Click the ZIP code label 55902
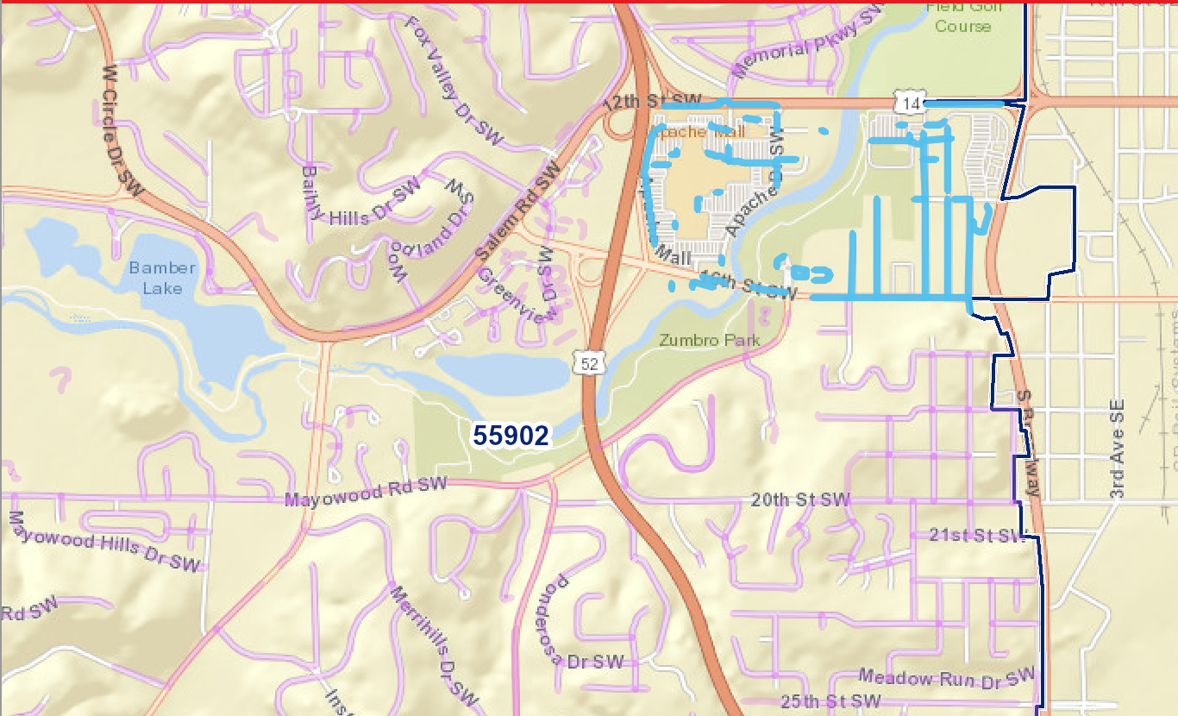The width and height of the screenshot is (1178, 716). coord(511,436)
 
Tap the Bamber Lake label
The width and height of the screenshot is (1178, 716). coord(163,278)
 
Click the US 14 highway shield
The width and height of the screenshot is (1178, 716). coord(911,104)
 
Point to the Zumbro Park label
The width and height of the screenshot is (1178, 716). coord(710,340)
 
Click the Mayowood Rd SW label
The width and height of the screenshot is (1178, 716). coord(367,493)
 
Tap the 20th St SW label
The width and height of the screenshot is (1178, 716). coord(800,499)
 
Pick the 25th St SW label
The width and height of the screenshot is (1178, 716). coord(830,700)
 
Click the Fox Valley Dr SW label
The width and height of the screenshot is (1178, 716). coord(448,65)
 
